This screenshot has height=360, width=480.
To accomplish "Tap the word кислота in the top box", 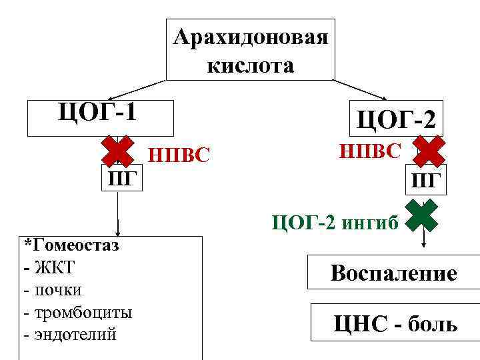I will point(250,65).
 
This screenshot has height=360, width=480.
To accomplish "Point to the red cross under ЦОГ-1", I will point(118,152).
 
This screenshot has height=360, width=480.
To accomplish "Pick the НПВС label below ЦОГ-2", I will point(370,151).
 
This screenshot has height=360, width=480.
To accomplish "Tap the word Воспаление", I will point(393,273).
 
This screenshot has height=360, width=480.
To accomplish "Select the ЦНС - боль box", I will point(395,324).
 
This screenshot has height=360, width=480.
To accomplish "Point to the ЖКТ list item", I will point(53,267).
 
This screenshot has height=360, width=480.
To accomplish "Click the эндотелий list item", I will point(73,334).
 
